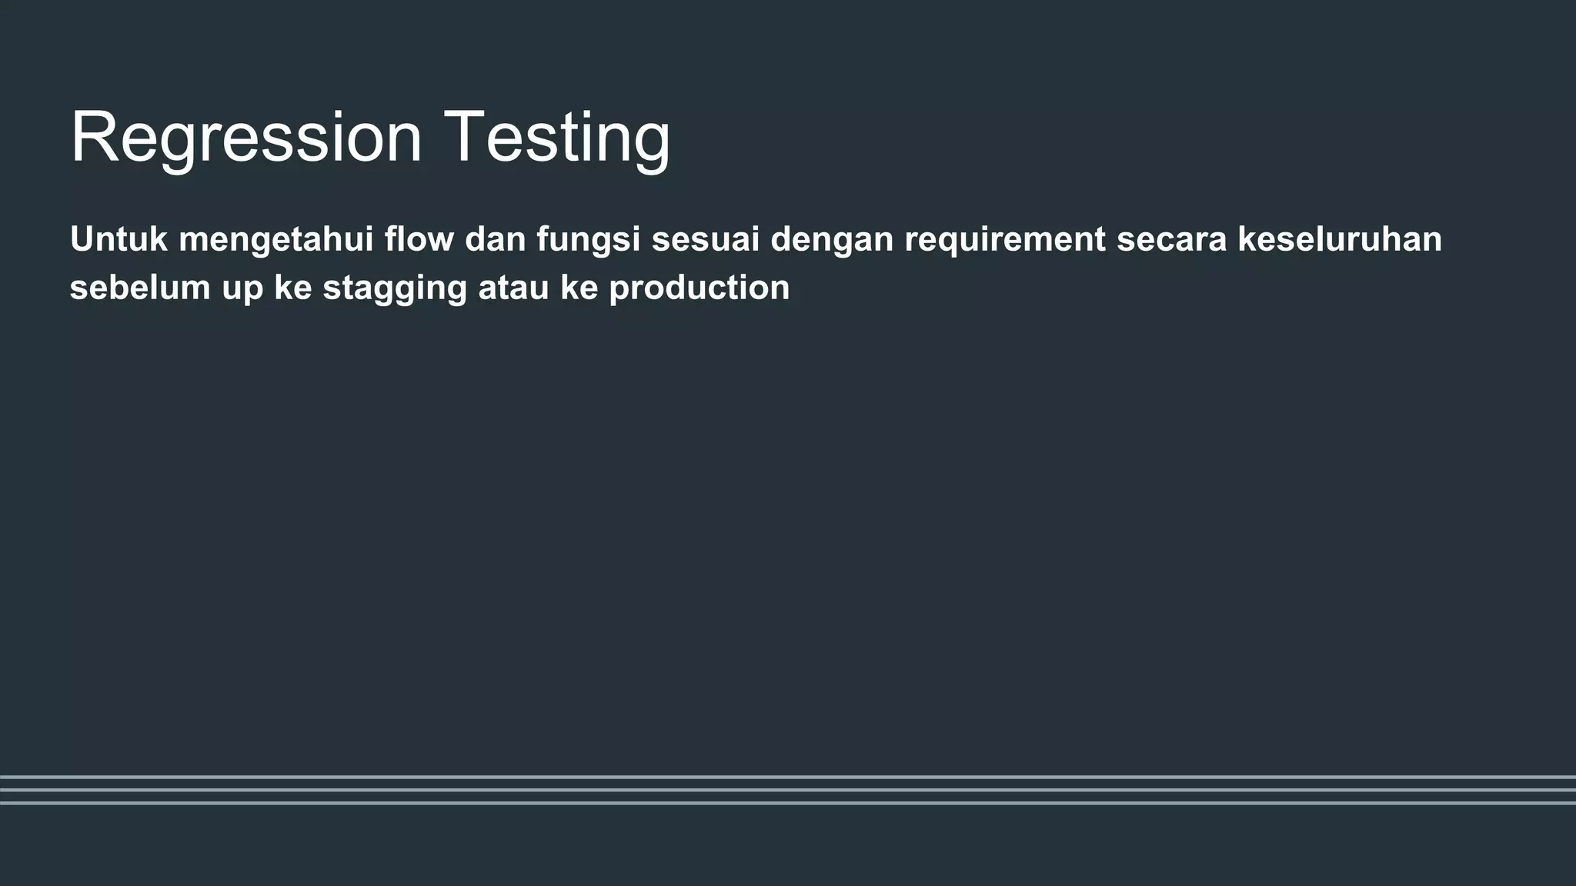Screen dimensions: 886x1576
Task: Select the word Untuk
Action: point(119,239)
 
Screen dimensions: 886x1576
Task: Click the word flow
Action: point(419,239)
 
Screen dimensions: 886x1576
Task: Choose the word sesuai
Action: point(705,239)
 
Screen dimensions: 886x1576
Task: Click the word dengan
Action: point(832,240)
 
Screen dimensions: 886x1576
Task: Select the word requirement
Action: point(1005,240)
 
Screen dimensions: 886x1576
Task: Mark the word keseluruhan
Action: point(1340,239)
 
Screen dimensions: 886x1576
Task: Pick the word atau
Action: point(514,288)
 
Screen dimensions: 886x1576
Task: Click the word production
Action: point(700,288)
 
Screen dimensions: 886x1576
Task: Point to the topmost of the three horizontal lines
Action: point(788,777)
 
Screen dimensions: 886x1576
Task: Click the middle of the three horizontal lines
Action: point(788,790)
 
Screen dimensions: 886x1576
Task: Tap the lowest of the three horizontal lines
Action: point(788,803)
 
